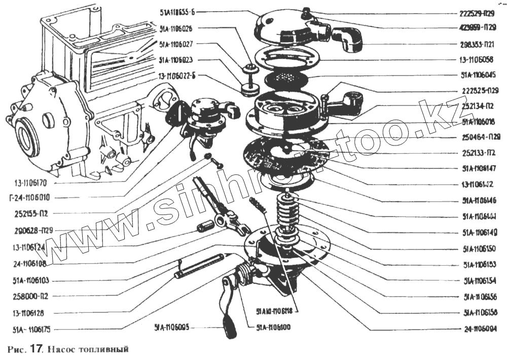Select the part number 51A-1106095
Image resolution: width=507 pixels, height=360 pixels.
point(172,328)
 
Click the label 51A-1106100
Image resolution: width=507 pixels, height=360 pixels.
point(273,328)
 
